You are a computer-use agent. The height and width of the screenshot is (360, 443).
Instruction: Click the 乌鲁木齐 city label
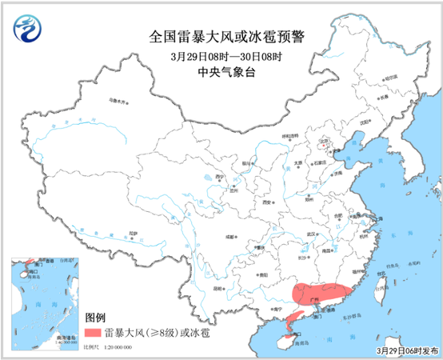[x=118, y=102]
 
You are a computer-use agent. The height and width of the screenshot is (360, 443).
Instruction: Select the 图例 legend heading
[x=96, y=317]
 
